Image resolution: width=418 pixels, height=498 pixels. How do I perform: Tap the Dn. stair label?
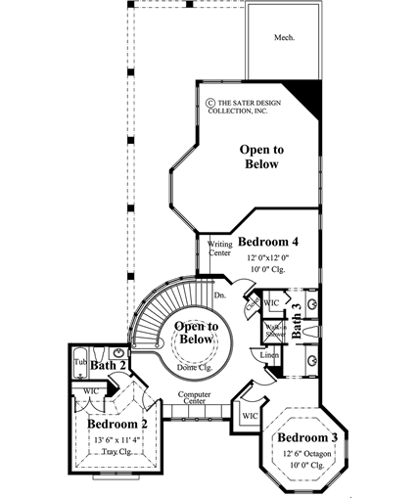pos(220,294)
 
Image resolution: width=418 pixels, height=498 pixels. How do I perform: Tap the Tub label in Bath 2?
pos(80,361)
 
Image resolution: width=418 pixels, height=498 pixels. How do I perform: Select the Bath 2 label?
pos(110,366)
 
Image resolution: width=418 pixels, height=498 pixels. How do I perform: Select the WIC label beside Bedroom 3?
pos(249,416)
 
